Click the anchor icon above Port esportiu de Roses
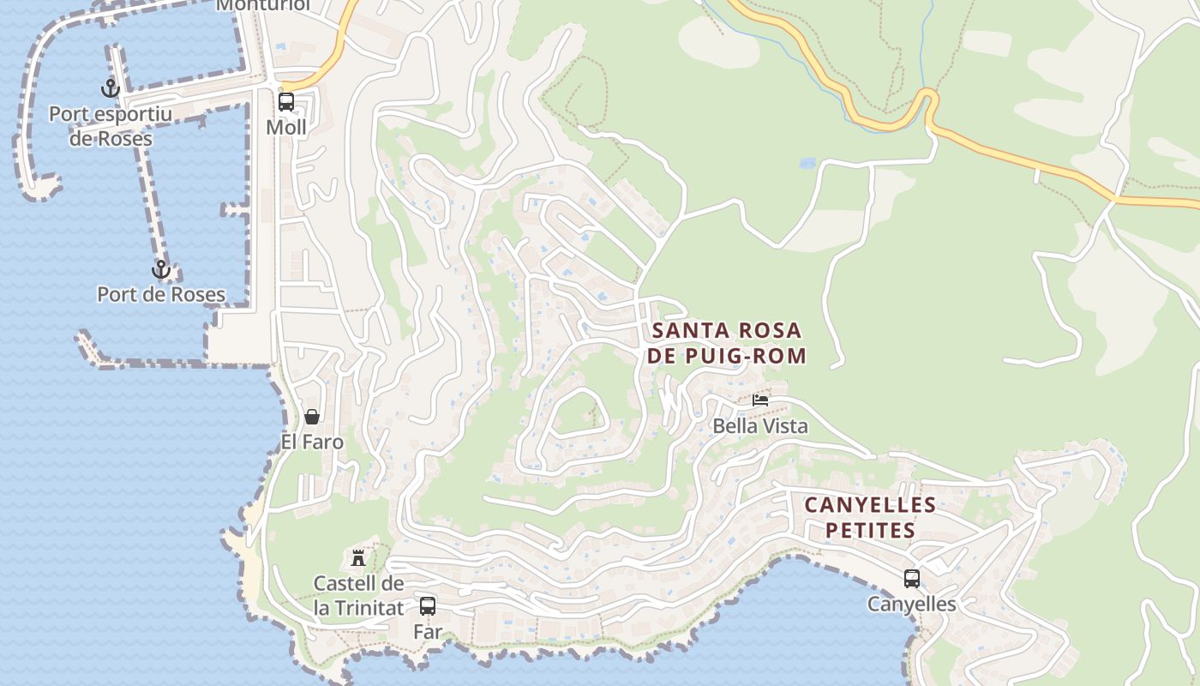coord(110,88)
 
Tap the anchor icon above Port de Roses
coord(160,270)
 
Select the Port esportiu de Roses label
coord(111,126)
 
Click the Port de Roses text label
coord(161,294)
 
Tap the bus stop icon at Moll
coord(286,102)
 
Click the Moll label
coord(286,128)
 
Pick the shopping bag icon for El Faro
coord(312,417)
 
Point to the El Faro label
coord(312,442)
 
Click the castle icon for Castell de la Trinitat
coord(358,558)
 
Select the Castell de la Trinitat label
coord(358,596)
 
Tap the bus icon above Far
coord(428,606)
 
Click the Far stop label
coord(428,632)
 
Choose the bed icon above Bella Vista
coord(760,400)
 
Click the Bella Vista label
coord(760,425)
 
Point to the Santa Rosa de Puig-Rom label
coord(727,343)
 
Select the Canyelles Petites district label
coord(870,517)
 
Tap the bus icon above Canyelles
coord(912,579)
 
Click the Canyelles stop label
coord(912,604)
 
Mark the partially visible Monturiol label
coord(262,6)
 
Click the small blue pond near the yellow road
coord(807,162)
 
